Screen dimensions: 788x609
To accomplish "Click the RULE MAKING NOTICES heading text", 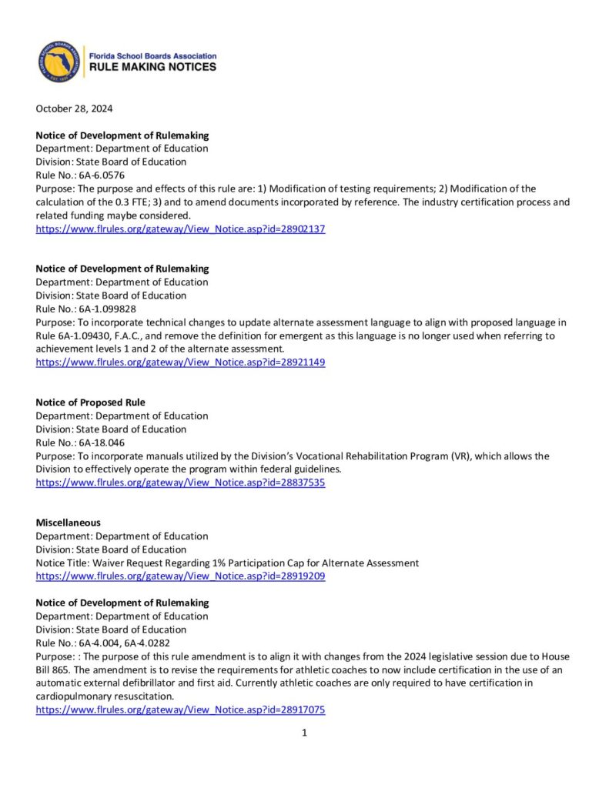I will click(152, 68).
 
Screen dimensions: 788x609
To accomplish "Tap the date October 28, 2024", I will click(74, 109).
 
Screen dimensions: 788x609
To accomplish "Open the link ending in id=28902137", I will click(180, 229).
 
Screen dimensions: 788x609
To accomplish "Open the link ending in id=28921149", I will click(180, 362).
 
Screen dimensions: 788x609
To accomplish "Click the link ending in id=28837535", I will click(180, 482).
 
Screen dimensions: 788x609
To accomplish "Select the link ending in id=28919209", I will click(180, 576).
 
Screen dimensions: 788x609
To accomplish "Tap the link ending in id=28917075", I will click(180, 710).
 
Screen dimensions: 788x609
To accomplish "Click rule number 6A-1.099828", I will click(107, 309).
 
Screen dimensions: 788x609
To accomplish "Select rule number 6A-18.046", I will click(102, 442).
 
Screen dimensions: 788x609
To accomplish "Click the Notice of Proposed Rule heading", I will click(90, 402).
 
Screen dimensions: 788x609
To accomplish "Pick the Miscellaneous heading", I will click(69, 523).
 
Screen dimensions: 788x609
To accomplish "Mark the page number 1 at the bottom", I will click(304, 733).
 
